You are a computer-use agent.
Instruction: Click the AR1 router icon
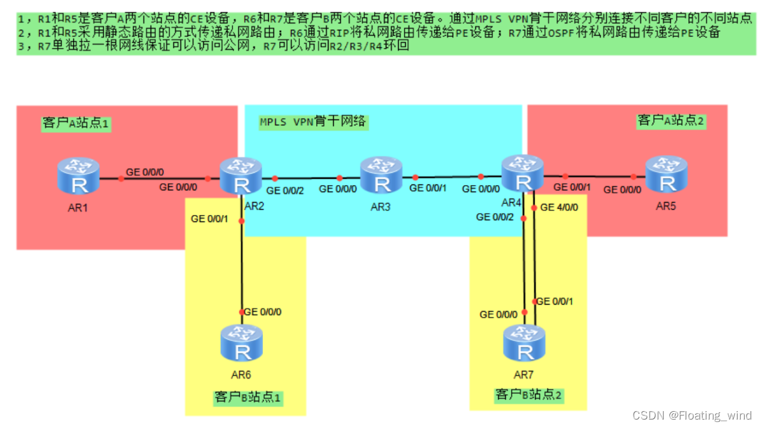(78, 176)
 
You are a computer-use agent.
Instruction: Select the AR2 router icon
(240, 176)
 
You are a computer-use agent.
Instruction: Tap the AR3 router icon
(381, 175)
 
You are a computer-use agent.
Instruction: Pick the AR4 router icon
(522, 174)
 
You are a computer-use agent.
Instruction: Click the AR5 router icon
(666, 174)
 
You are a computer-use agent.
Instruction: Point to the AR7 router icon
(524, 343)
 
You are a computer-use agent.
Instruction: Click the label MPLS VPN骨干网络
(313, 122)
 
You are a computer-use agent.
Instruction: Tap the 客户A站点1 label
(75, 123)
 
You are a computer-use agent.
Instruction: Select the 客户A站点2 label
(671, 120)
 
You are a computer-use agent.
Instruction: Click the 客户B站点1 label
(247, 397)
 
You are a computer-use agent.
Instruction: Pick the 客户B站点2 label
(529, 394)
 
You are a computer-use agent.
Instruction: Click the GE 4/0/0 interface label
(559, 208)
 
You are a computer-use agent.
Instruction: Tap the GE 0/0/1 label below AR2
(209, 219)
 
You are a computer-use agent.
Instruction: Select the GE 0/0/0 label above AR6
(262, 312)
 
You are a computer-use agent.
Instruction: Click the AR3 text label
(380, 207)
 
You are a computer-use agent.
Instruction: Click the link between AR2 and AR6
(242, 266)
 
